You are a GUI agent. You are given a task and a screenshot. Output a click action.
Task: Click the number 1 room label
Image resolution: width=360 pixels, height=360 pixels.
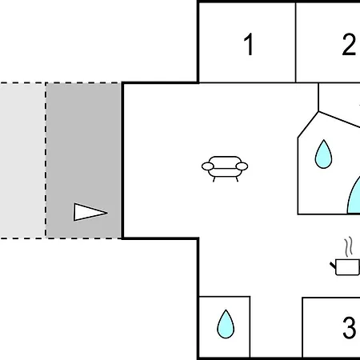coord(249,44)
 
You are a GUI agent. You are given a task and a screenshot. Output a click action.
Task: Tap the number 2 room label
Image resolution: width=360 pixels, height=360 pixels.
coord(349,44)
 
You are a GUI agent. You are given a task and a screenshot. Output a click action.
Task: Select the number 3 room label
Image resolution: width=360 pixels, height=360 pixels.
coord(349,327)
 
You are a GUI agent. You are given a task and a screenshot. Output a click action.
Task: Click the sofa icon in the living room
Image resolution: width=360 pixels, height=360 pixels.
coord(225,169)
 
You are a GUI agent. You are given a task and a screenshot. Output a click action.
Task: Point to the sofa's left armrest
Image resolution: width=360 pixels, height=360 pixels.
coord(208,166)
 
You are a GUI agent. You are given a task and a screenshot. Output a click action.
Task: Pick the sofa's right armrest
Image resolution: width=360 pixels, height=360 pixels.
coord(242,166)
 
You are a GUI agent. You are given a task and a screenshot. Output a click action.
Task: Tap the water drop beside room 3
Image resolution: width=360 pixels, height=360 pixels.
coord(226,324)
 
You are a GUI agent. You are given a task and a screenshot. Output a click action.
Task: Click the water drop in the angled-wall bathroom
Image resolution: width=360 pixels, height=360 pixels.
coord(323,154)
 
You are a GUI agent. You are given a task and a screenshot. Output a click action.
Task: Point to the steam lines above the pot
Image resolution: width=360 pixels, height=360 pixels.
coord(349,246)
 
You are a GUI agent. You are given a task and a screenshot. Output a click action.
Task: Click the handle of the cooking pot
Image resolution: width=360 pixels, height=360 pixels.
coord(333,266)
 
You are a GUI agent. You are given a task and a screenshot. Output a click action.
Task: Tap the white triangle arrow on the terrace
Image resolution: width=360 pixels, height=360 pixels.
coord(90,212)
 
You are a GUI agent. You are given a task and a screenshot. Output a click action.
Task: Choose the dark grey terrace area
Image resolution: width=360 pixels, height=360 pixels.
coord(83,161)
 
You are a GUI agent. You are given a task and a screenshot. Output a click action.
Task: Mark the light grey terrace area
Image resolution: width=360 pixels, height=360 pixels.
coord(22,161)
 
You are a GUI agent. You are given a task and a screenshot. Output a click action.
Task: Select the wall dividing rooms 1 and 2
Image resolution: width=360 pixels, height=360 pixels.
coord(295,42)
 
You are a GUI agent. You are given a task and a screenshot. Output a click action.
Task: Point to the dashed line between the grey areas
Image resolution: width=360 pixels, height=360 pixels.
coord(46,161)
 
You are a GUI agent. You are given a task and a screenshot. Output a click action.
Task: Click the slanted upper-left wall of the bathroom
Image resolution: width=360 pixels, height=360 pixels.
coord(308,125)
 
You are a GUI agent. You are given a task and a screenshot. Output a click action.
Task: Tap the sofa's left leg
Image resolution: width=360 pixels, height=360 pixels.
coord(214,179)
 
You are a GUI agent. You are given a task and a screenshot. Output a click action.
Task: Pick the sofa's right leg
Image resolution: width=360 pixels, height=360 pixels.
coord(237,179)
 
